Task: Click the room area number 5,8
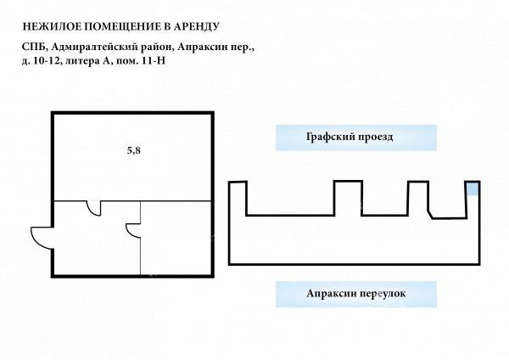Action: pos(134,151)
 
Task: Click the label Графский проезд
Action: pos(350,137)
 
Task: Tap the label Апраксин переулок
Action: pos(355,294)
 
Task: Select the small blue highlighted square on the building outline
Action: pos(473,188)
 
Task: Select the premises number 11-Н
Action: pos(154,61)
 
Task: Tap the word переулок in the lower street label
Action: pos(383,294)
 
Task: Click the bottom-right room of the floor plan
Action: pos(176,238)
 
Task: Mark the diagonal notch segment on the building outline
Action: pos(430,215)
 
